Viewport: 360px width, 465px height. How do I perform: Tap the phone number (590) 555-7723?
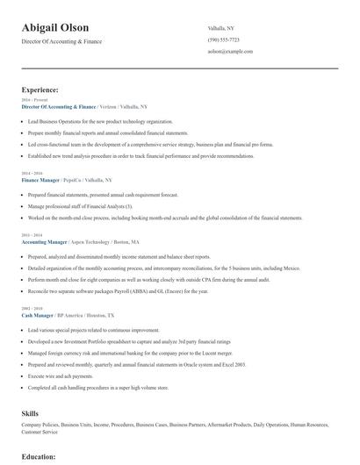tap(224, 39)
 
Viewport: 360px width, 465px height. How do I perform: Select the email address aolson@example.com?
tap(230, 52)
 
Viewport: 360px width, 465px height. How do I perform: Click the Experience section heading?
tap(40, 89)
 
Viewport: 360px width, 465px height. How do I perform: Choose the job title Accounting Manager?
tap(44, 240)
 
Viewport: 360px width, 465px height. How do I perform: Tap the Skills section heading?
tap(30, 411)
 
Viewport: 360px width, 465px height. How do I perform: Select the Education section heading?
tap(39, 456)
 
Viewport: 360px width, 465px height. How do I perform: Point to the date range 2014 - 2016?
tap(30, 173)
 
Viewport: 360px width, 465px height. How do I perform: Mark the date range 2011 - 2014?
tap(30, 235)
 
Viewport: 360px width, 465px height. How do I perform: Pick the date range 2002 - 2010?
tap(30, 308)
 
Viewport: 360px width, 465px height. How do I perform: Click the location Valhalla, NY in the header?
tap(221, 27)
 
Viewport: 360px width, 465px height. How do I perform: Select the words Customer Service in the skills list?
tap(40, 432)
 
